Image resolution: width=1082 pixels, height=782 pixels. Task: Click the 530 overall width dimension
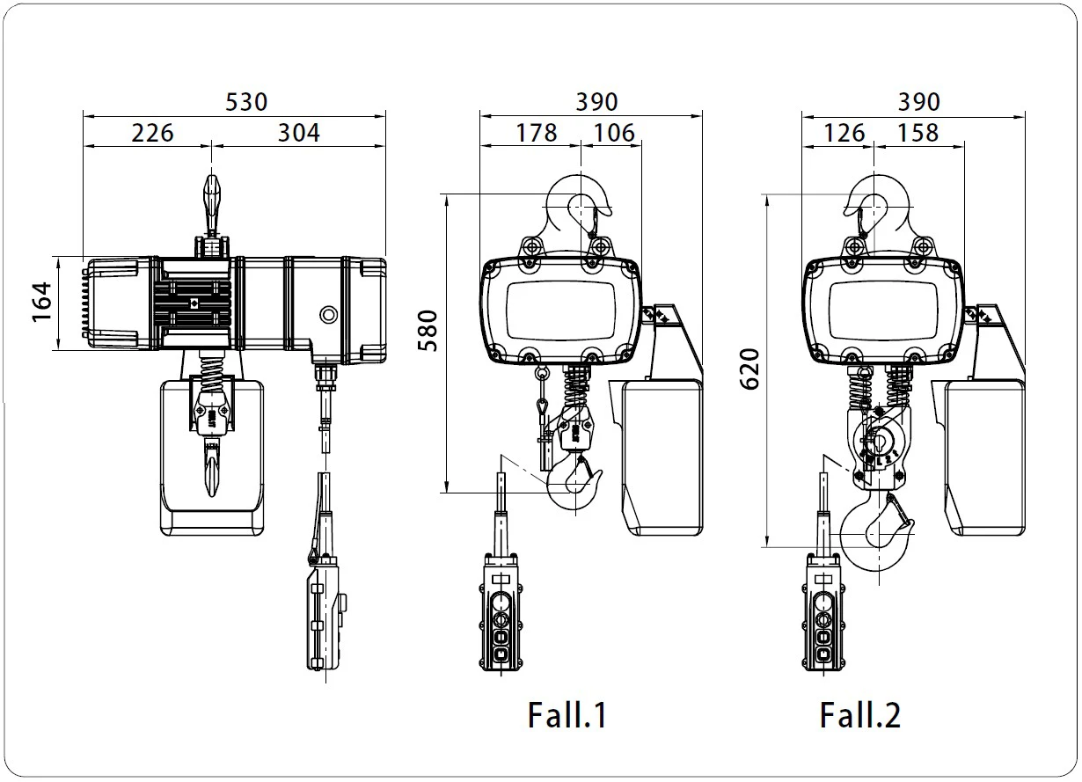tap(246, 101)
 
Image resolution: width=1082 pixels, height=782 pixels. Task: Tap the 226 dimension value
tap(153, 133)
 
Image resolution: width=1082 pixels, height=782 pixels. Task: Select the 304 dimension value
tap(299, 133)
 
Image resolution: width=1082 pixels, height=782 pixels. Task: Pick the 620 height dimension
tap(750, 369)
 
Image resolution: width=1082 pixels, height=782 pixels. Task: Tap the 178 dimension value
tap(537, 133)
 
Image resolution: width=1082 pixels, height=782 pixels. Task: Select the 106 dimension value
tap(613, 133)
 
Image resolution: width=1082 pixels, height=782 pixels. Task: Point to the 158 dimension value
tap(918, 133)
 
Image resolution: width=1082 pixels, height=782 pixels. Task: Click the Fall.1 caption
tap(567, 714)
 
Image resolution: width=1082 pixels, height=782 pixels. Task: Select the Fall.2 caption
tap(860, 714)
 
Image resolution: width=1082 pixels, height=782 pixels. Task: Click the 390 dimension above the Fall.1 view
tap(596, 101)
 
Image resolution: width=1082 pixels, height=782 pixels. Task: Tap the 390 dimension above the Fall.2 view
tap(918, 101)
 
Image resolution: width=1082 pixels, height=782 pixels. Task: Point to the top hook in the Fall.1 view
tap(578, 207)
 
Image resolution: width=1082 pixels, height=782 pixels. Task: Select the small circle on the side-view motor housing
tap(328, 314)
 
